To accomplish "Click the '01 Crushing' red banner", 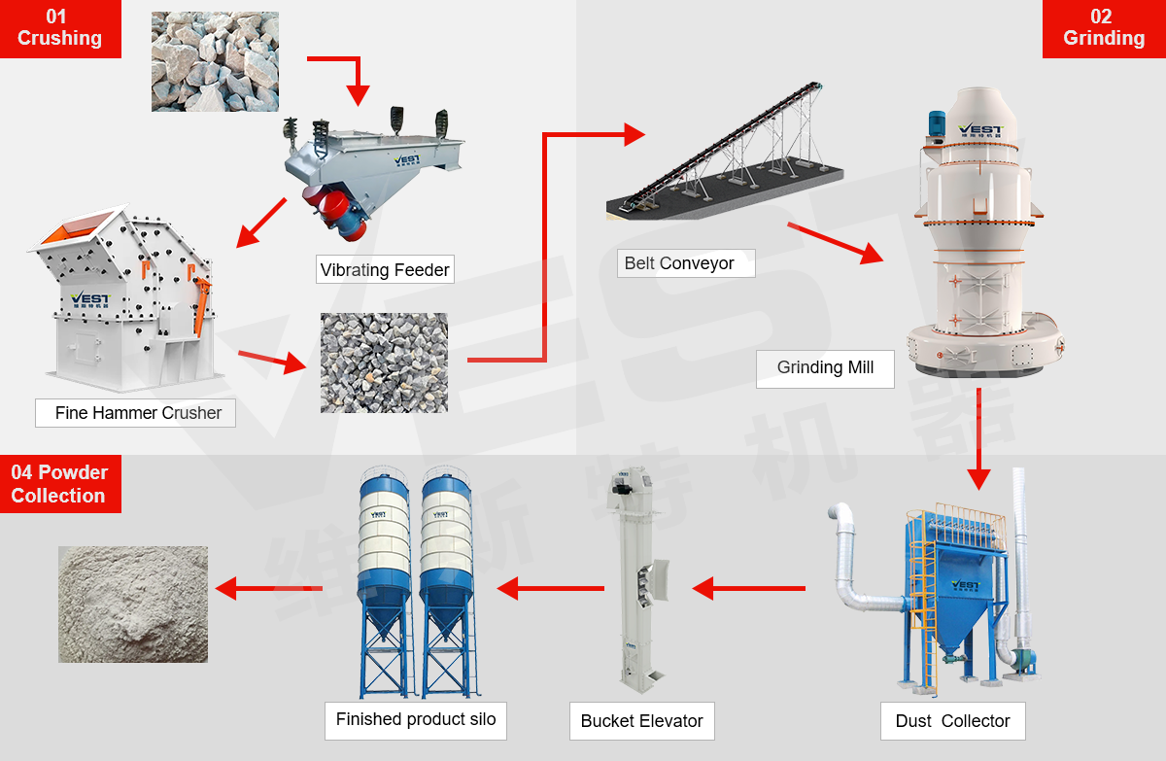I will (x=60, y=28).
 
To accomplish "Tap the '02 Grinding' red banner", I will (x=1103, y=28).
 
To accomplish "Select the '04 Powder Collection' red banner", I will (x=59, y=484).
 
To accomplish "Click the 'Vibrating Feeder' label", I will (x=385, y=269).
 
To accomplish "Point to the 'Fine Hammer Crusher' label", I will (x=138, y=413).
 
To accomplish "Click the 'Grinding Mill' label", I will (x=825, y=368).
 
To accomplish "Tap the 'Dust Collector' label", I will (x=952, y=721).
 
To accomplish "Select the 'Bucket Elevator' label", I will (x=641, y=721).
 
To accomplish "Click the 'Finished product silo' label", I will (x=416, y=720).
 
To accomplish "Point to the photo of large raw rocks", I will (x=215, y=61).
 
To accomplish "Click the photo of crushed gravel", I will (x=384, y=363).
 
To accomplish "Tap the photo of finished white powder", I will (x=133, y=605).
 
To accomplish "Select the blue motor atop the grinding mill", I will (x=937, y=123).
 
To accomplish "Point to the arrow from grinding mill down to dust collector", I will (x=978, y=437).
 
